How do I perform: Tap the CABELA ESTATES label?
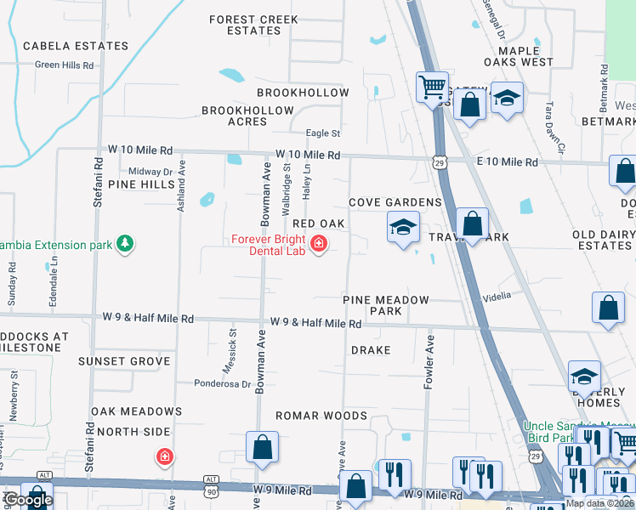click(76, 46)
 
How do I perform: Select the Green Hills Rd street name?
click(64, 65)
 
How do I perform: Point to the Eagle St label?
click(323, 133)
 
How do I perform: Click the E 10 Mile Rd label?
click(507, 161)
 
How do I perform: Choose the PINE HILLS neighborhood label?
click(141, 184)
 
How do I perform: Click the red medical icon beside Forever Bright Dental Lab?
click(319, 245)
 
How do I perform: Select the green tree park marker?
click(125, 245)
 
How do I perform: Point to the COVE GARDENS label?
click(395, 202)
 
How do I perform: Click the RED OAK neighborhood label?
click(318, 224)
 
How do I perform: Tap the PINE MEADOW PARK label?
click(385, 305)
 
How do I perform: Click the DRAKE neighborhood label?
click(371, 350)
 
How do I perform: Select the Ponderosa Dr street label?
click(222, 383)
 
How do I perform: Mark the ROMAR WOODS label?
click(321, 416)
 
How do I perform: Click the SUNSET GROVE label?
click(124, 361)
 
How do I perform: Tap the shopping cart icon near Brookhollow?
click(432, 86)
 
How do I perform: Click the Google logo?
click(27, 500)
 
